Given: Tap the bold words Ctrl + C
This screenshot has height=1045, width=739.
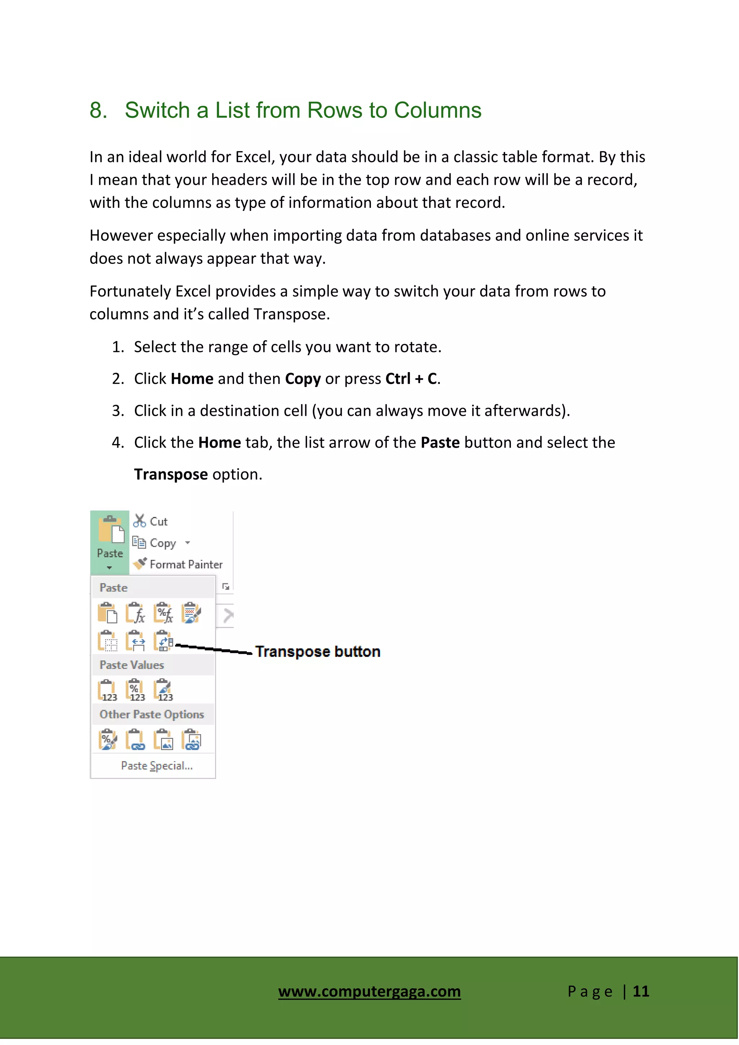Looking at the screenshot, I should click(x=411, y=379).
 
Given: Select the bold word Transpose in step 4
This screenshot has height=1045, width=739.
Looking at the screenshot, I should click(x=171, y=475).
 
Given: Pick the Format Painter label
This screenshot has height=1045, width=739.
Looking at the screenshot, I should click(x=186, y=565).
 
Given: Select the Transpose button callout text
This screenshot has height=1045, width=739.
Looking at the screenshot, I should click(x=317, y=652).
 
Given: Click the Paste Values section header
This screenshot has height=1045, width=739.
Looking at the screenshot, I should click(x=131, y=665).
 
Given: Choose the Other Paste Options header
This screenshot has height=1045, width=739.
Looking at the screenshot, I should click(x=152, y=715).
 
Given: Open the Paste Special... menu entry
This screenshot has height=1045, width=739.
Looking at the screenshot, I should click(x=157, y=766).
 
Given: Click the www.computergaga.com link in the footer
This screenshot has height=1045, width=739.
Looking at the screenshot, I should click(x=369, y=991).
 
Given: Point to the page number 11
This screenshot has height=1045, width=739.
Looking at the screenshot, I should click(x=641, y=991).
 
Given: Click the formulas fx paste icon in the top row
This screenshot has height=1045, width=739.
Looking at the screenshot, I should click(x=135, y=613).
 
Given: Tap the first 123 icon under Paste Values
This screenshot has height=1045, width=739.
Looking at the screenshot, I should click(x=108, y=691).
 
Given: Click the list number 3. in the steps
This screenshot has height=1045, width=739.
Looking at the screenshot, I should click(x=118, y=411).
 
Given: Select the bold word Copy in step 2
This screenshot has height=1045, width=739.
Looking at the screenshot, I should click(x=303, y=379).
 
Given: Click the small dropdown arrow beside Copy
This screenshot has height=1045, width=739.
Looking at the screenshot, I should click(x=188, y=543).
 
